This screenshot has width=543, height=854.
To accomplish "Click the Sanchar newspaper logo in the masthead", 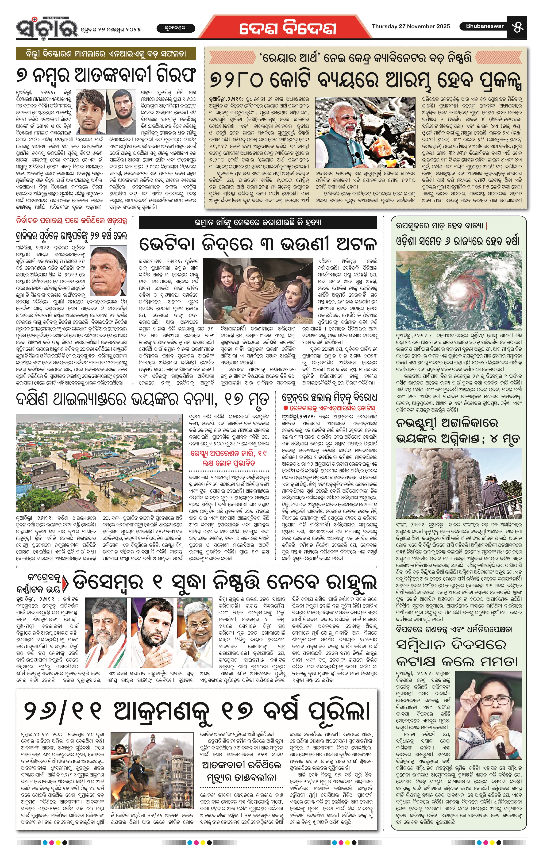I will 47,27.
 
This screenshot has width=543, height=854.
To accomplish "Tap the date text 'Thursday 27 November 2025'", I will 411,26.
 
